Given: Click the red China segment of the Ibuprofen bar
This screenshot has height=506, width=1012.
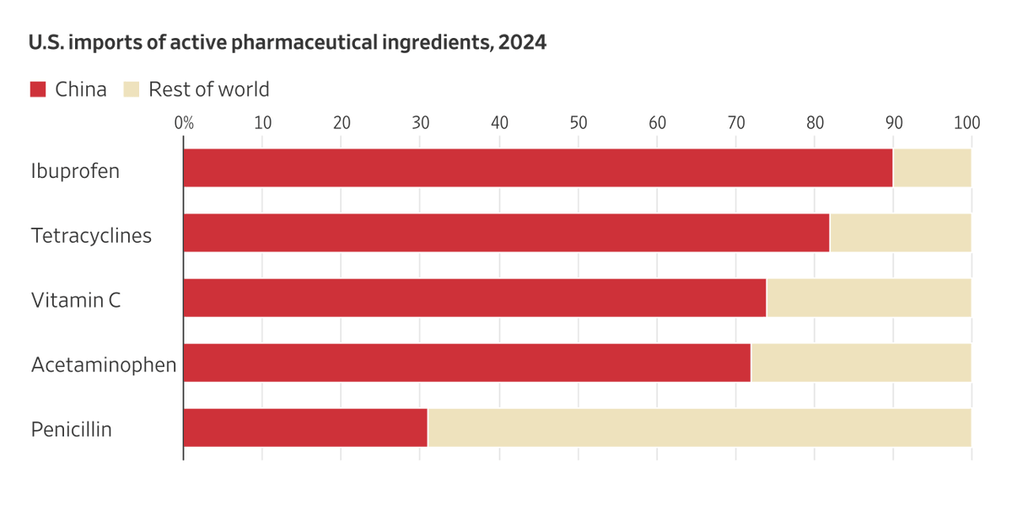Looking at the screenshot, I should coord(538,168).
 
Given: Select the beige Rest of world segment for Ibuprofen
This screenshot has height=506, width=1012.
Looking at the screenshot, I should coord(932,168).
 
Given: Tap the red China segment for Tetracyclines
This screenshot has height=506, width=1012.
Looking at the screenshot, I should coord(506,233).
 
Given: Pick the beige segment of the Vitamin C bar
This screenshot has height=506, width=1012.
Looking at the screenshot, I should coord(869,298).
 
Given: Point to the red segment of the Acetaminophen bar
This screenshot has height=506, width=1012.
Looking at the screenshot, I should coord(466,363).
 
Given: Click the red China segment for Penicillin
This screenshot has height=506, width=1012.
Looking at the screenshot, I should coord(305,428).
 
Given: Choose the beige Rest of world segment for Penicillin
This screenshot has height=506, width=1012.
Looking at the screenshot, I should coord(699,428).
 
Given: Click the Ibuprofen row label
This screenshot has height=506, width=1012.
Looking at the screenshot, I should coord(75,171).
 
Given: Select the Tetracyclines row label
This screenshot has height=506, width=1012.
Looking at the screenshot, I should coord(91,235).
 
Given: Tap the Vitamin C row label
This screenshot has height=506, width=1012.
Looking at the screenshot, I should coord(76,299).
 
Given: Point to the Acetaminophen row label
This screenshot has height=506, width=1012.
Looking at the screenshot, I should coord(104,364).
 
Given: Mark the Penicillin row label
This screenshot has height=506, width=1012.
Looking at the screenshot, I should coord(72,429).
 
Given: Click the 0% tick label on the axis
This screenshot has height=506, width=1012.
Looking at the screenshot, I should coord(184,121).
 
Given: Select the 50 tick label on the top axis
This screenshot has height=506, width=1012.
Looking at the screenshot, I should coord(578,121).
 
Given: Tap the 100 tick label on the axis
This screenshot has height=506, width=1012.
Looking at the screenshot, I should coord(966,121).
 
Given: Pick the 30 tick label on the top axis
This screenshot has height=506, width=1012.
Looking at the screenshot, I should coord(420,121).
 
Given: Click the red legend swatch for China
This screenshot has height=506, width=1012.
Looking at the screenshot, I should coord(38,89).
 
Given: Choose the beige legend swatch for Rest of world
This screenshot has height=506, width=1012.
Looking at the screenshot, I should coord(131,89).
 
